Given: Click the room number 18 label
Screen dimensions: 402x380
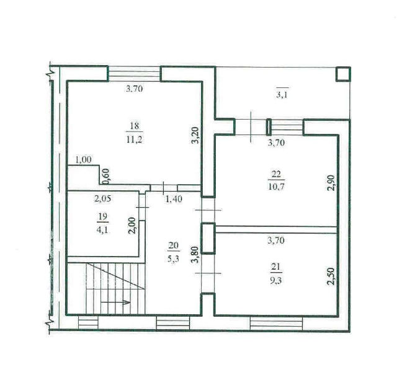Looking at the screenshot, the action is (135, 126).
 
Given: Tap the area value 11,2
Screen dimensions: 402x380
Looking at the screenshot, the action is (135, 139).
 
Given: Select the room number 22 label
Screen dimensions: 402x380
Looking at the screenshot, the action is (276, 174).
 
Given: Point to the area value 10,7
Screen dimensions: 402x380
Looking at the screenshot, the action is (276, 187).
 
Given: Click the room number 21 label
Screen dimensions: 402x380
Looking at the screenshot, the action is (275, 267).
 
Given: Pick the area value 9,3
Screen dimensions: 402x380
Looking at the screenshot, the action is (276, 280).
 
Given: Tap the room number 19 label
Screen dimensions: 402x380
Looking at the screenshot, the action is (102, 216).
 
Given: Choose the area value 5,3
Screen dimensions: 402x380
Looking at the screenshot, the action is (173, 258).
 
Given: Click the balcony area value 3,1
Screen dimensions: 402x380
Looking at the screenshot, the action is (282, 95).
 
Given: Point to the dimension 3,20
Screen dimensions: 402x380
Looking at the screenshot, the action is (195, 135).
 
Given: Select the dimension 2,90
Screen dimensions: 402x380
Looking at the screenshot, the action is (331, 182).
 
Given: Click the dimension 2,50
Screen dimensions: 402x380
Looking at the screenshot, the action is (331, 276).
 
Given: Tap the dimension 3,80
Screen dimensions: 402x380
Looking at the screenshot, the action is (195, 255).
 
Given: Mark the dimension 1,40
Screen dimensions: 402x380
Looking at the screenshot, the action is (174, 198).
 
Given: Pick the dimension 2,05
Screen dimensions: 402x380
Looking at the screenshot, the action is (103, 198).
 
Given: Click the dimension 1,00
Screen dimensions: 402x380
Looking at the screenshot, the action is (83, 160).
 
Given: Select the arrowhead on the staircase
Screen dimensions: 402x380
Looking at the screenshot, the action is (127, 303).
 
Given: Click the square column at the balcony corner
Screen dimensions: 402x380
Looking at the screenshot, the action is (343, 74).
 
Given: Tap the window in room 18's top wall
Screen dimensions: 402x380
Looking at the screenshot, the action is (134, 74).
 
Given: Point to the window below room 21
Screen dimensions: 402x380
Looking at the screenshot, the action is (277, 324).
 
